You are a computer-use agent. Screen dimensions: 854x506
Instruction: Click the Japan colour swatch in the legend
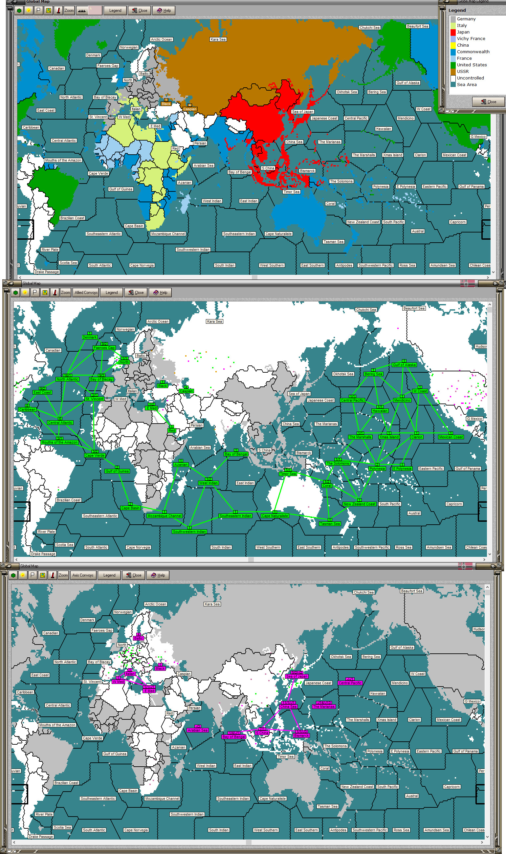coord(453,32)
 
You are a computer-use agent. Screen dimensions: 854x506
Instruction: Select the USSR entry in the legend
coord(463,71)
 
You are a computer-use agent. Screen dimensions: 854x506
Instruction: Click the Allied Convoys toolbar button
coord(86,293)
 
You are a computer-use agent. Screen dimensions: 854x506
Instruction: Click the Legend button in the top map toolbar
coord(115,11)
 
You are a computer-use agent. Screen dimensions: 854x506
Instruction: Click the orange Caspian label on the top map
coord(189,109)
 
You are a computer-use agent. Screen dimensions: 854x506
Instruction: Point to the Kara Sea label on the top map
coord(218,39)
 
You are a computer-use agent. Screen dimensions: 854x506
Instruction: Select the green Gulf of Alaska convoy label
coord(404,365)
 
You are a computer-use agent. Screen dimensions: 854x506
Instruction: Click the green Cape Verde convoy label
coord(95,455)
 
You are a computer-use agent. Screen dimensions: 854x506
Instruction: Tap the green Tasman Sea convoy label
coord(330,524)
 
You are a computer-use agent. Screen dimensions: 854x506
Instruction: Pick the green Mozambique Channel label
coord(165,516)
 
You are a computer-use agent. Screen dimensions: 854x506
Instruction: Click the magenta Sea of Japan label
coord(296,676)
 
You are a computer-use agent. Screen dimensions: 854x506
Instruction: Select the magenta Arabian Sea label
coord(197,730)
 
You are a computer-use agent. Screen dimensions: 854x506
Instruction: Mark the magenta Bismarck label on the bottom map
coord(301,735)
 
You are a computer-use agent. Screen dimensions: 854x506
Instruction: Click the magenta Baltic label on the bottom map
coord(139,638)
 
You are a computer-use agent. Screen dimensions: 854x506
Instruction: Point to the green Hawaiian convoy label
coord(380,411)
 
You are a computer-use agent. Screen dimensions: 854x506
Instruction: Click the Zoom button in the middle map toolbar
coord(65,293)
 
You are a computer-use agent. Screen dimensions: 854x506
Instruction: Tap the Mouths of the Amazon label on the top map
coord(63,160)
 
